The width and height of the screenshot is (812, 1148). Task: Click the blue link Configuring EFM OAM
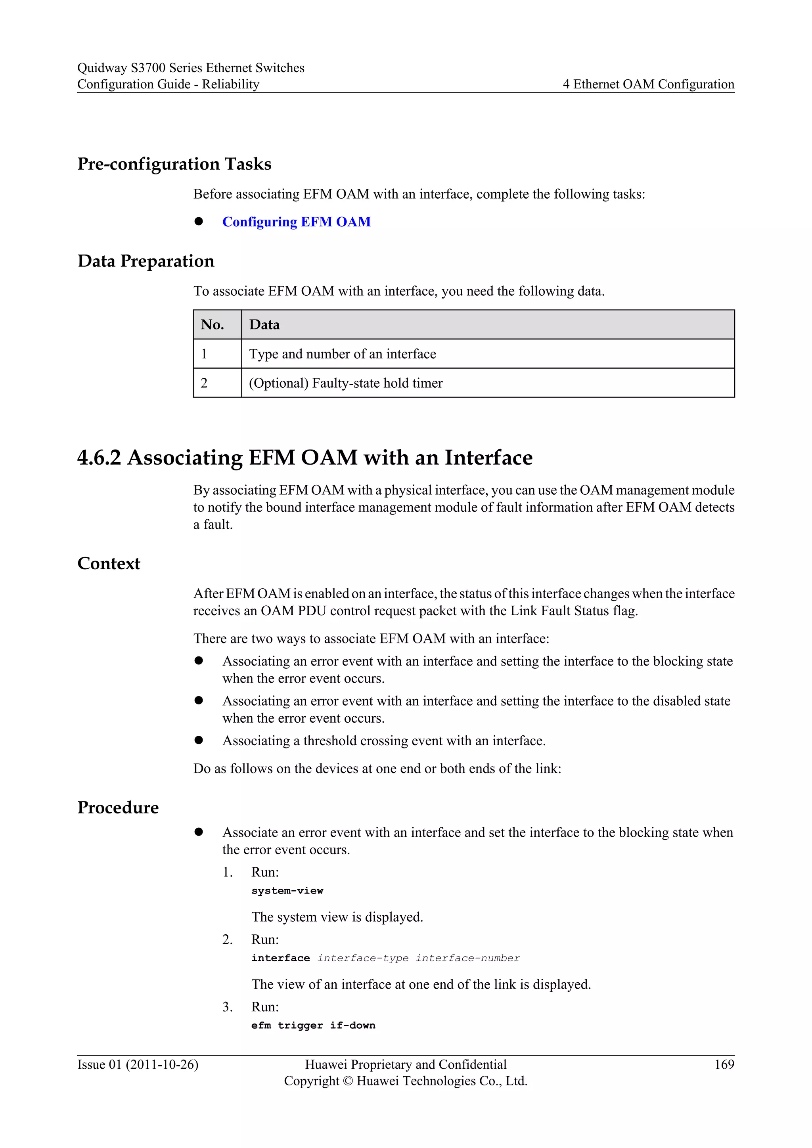coord(296,222)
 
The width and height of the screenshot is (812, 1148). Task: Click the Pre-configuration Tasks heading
coord(174,164)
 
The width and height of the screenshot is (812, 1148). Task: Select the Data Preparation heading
coord(146,261)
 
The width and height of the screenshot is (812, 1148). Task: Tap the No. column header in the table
coord(213,325)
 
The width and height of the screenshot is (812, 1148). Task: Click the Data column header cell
coord(264,325)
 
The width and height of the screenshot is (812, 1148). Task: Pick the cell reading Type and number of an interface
coord(343,354)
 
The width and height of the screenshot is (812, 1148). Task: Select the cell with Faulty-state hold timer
coord(345,383)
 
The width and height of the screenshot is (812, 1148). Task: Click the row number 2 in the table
coord(204,383)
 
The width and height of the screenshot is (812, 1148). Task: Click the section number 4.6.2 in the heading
coord(99,457)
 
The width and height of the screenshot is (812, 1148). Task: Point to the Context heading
coord(109,564)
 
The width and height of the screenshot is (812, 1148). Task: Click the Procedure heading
coord(118,807)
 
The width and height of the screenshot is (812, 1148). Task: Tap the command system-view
coord(287,890)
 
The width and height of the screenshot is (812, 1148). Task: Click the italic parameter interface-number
coord(467,958)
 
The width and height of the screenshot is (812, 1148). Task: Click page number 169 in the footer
coord(724,1064)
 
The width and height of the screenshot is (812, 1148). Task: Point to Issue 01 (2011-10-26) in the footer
coord(138,1064)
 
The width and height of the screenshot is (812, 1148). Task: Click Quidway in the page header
coord(102,68)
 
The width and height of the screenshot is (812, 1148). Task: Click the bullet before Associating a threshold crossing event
coord(199,740)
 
